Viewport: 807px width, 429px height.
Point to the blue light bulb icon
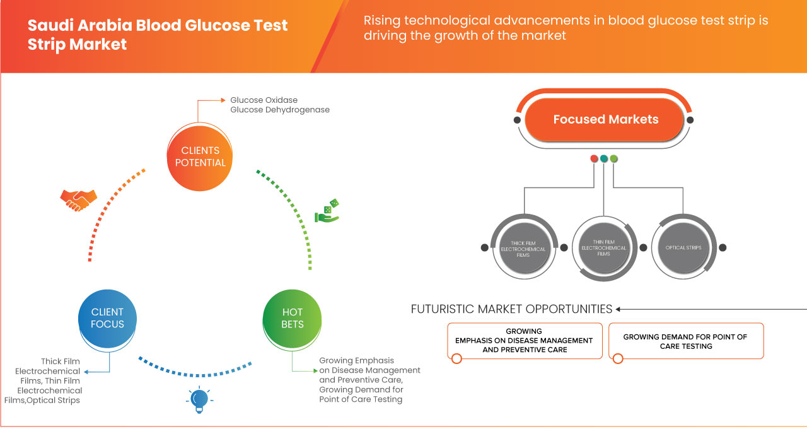click(199, 399)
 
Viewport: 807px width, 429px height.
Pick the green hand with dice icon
click(328, 211)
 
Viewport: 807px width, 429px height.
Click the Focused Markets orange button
click(605, 119)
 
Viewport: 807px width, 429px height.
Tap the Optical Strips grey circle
click(683, 247)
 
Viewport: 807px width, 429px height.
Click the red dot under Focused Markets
click(594, 158)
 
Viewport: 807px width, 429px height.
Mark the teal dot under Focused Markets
click(604, 158)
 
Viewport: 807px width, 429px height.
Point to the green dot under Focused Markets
click(614, 158)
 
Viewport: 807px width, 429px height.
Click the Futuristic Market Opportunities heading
click(511, 309)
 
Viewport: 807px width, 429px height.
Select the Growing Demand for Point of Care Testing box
click(685, 341)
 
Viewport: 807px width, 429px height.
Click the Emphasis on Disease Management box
click(524, 341)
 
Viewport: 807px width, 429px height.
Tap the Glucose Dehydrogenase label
click(280, 110)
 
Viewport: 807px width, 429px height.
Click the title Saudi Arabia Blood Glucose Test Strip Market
click(158, 35)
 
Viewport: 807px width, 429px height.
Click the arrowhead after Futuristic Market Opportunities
click(618, 309)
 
